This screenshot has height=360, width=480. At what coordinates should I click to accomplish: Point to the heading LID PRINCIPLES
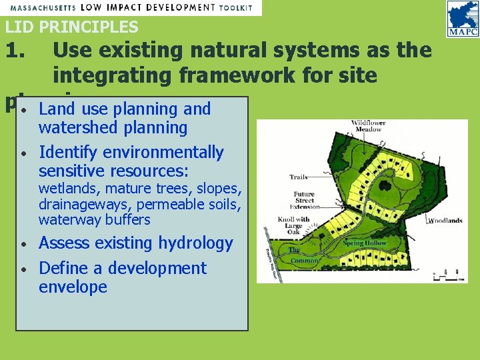72,27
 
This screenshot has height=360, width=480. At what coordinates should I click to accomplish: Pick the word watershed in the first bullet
76,127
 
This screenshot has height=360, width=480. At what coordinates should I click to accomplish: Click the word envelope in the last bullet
73,287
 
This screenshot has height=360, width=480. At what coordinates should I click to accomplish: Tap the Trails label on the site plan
298,177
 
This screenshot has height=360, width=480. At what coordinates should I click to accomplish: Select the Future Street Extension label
304,199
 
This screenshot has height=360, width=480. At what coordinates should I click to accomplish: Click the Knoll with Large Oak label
293,225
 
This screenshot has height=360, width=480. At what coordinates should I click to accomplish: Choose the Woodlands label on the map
445,221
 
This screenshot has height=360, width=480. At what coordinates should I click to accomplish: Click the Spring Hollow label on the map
365,243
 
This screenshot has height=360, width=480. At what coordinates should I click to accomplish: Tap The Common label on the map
304,255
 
